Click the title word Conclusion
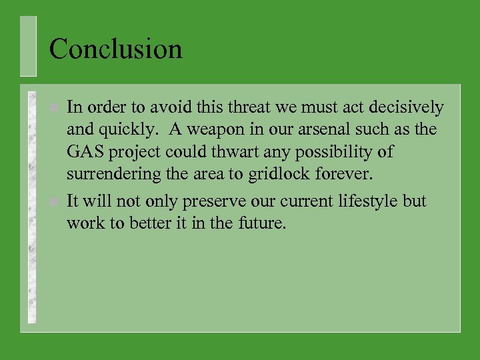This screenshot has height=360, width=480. point(115,49)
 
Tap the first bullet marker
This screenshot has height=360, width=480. point(55,107)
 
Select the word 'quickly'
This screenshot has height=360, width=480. point(123,130)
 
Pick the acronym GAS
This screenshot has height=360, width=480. point(85,153)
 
